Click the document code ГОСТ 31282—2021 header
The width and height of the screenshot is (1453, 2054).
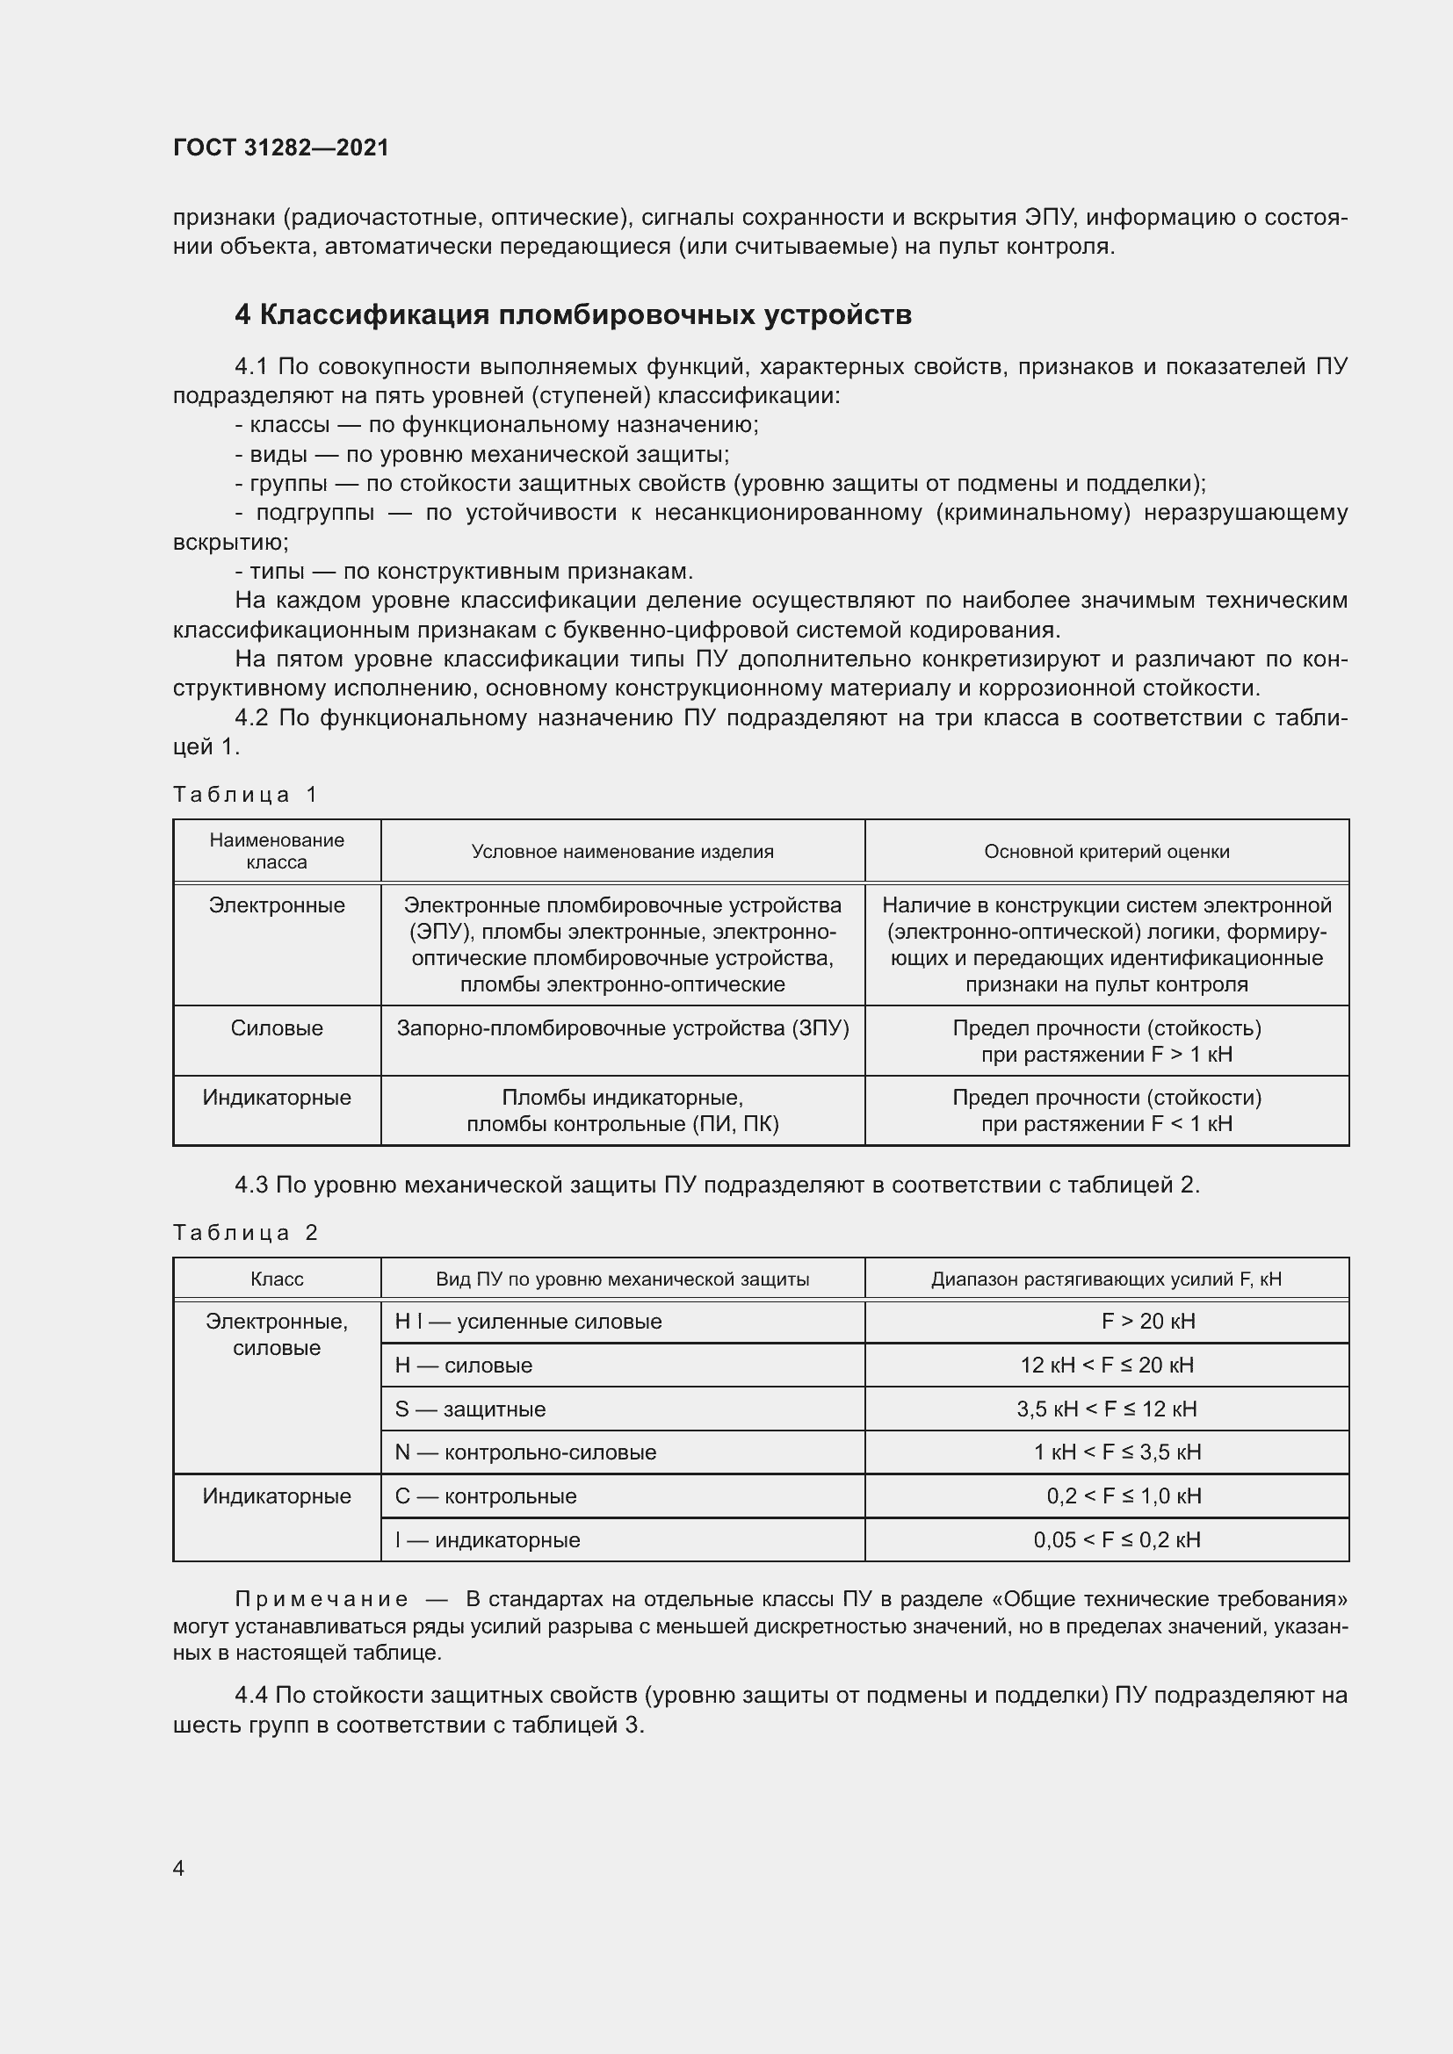(281, 148)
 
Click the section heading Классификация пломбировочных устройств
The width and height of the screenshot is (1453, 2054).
(574, 315)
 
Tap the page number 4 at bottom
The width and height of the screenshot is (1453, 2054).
(178, 1868)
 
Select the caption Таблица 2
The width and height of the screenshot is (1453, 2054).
(245, 1233)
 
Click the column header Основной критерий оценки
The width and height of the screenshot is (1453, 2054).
(1106, 852)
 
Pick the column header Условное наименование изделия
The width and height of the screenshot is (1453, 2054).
(622, 852)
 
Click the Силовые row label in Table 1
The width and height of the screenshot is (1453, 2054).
(277, 1028)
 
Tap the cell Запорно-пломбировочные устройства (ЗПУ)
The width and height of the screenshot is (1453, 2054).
(622, 1028)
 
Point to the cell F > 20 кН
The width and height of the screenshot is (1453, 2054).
(1148, 1322)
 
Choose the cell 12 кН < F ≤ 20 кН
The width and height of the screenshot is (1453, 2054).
(1107, 1366)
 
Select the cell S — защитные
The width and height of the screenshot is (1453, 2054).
(470, 1409)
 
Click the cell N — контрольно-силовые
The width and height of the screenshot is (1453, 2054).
(525, 1452)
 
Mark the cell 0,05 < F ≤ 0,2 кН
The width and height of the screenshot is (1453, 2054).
(1117, 1539)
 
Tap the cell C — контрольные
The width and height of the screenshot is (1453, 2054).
(486, 1495)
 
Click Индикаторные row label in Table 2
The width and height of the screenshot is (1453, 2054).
(277, 1495)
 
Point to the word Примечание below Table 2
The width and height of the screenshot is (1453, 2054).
(322, 1599)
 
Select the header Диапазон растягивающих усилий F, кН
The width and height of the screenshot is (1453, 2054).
(1106, 1279)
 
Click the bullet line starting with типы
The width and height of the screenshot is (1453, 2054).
(464, 571)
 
